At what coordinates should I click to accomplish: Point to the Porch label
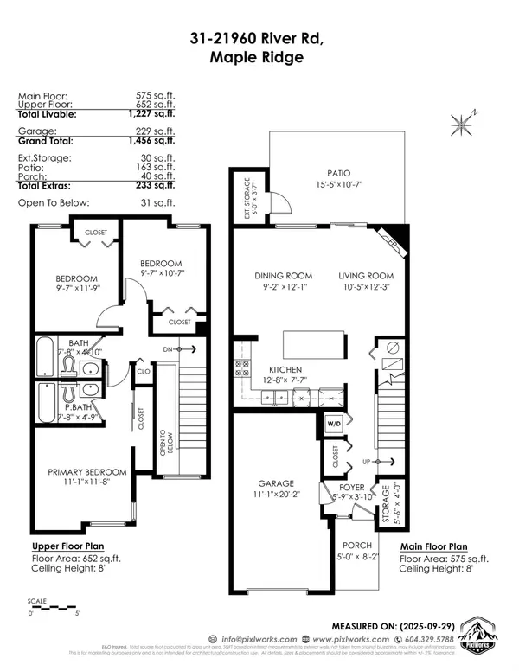point(356,545)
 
